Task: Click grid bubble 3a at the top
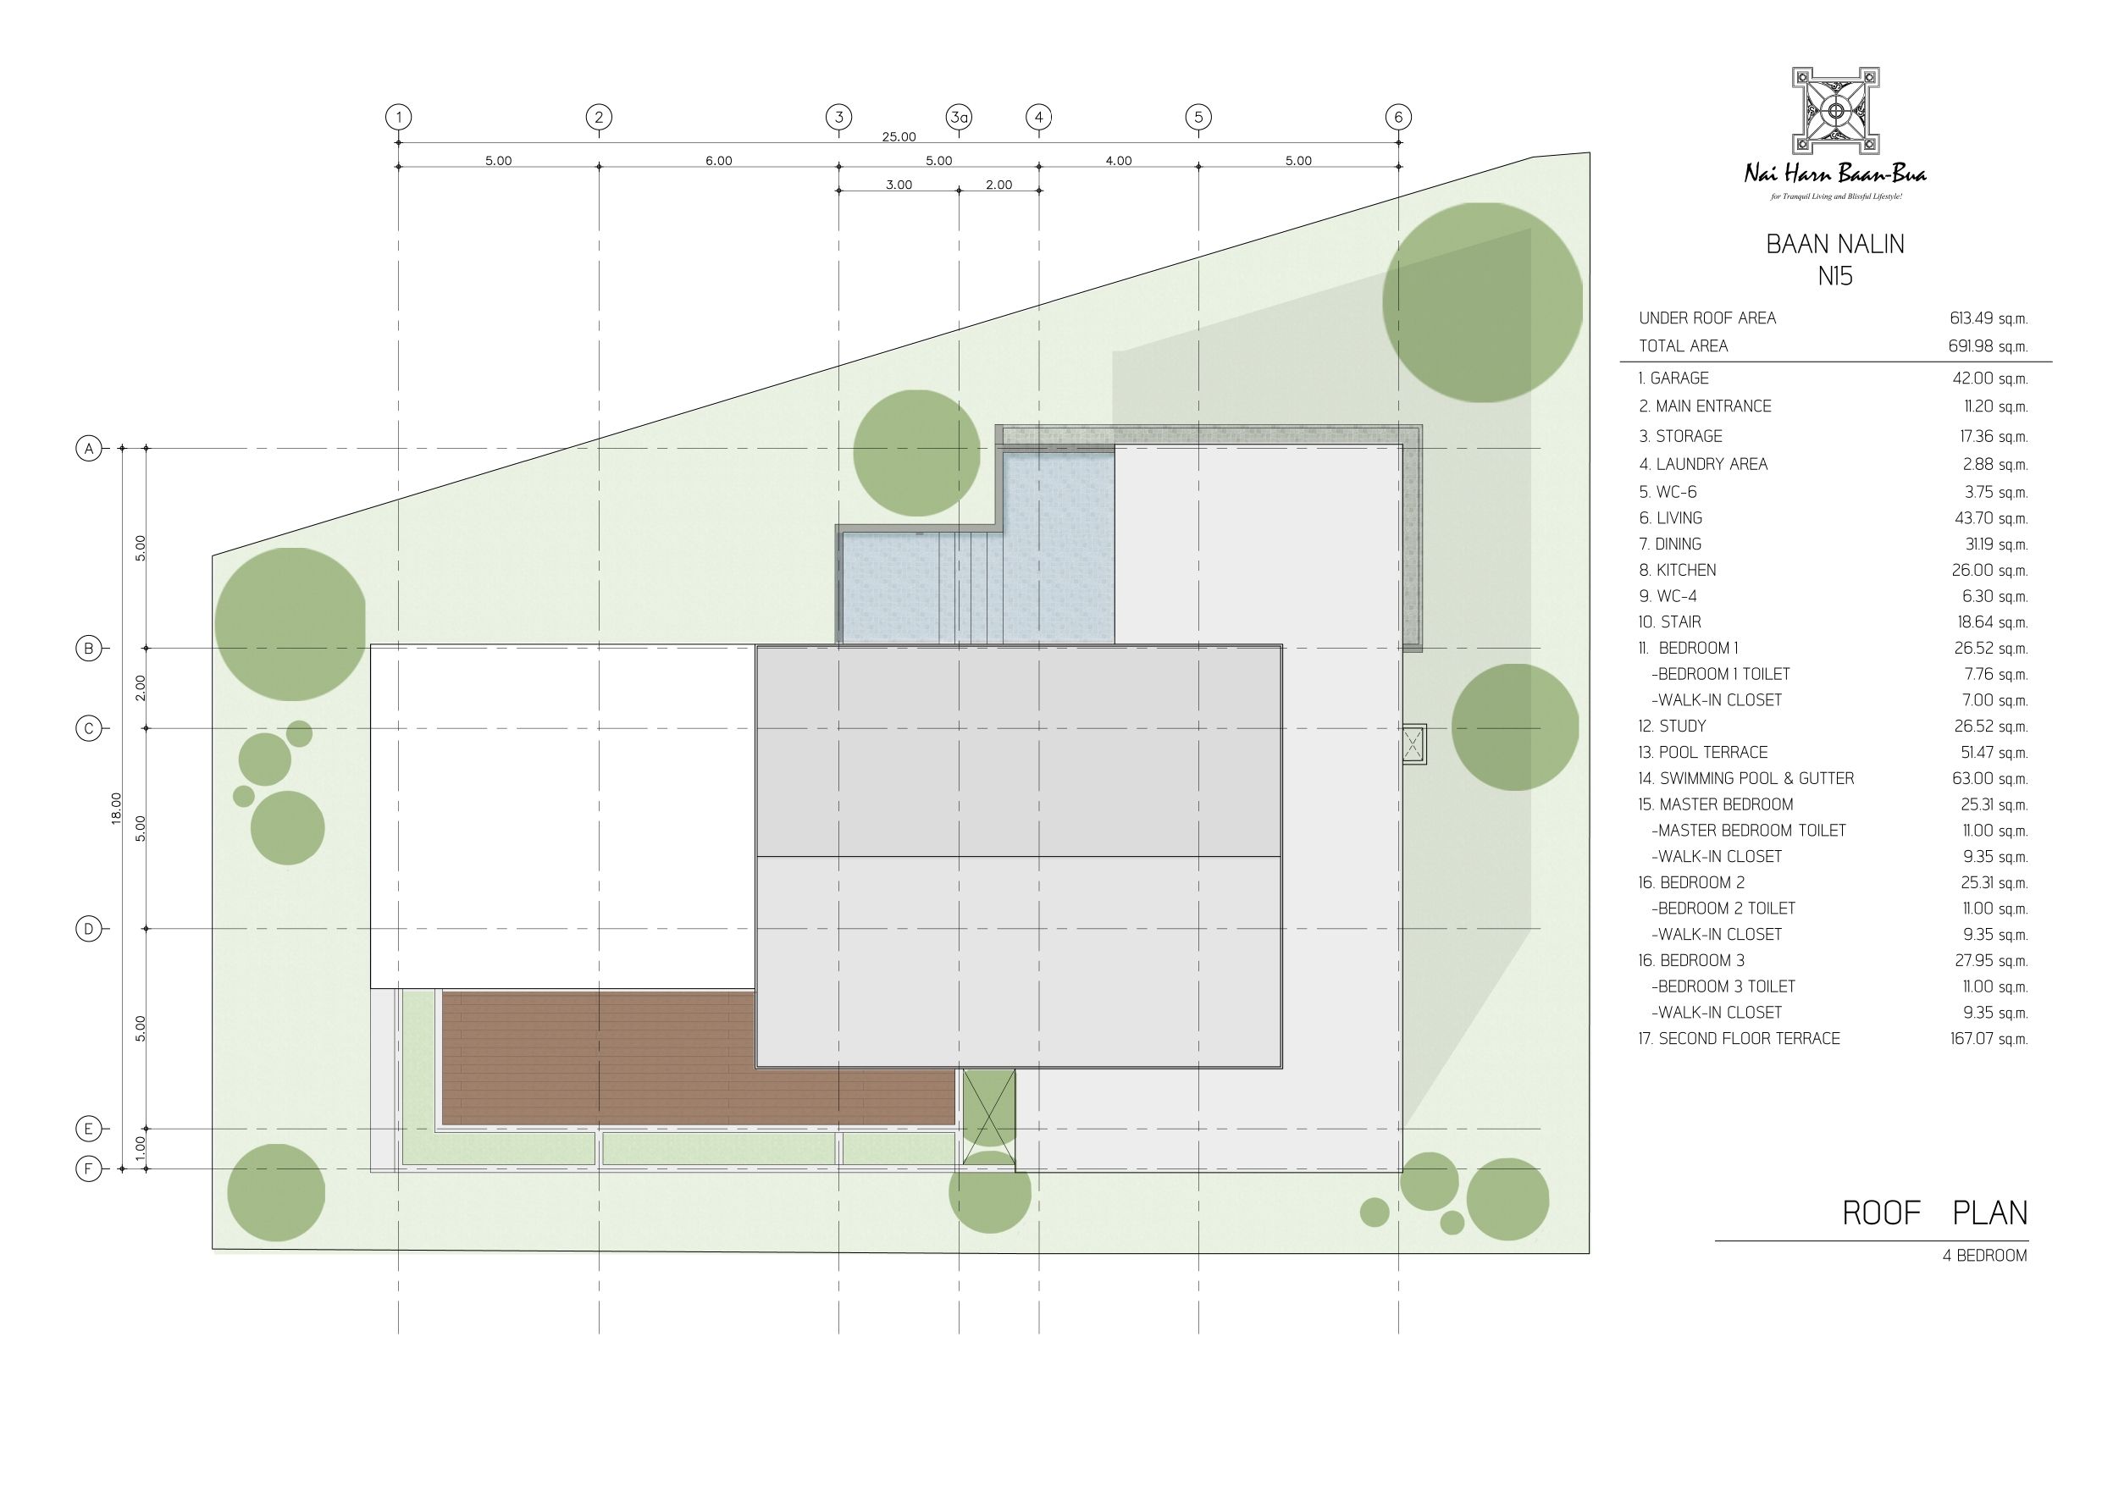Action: click(959, 117)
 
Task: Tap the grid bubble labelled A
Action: click(89, 449)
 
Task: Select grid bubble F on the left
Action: click(89, 1169)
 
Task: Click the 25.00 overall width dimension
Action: click(898, 136)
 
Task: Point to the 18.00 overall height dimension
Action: click(116, 809)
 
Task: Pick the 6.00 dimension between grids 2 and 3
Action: click(719, 160)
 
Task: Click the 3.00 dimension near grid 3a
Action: click(898, 184)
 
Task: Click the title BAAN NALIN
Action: click(1834, 245)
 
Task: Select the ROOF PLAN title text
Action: click(1934, 1213)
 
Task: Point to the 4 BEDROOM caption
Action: click(1985, 1256)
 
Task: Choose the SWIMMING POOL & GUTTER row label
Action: click(1745, 778)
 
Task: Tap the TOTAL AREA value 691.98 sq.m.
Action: click(1988, 346)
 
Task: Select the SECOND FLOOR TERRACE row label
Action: click(1739, 1038)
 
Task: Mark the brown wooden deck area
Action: click(698, 1058)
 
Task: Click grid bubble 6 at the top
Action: click(1398, 117)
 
